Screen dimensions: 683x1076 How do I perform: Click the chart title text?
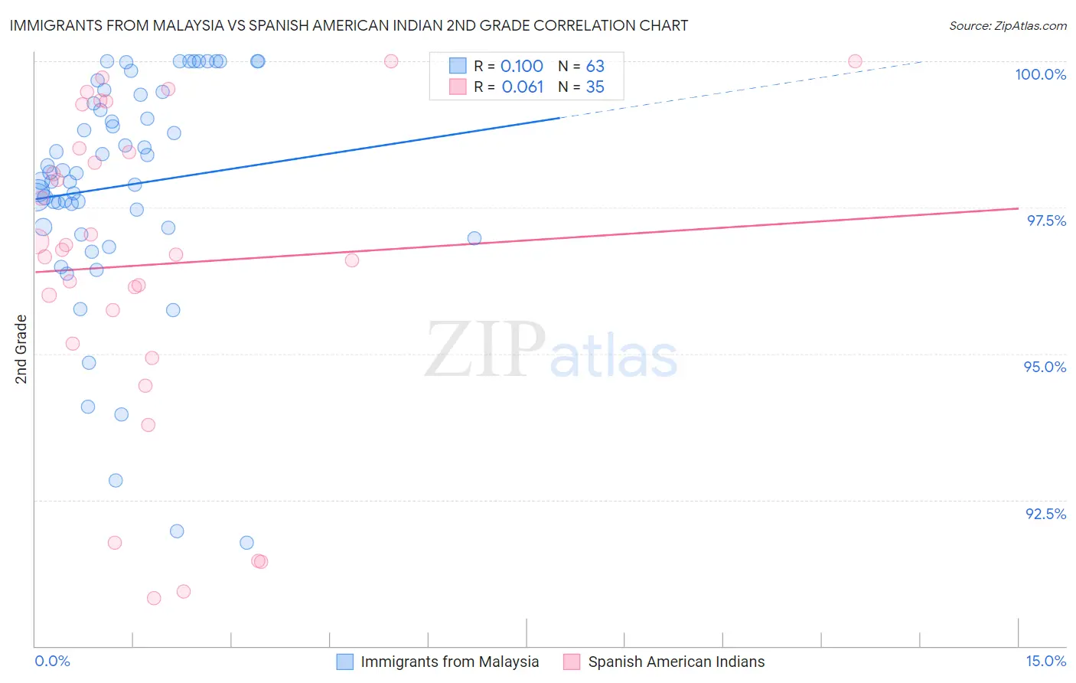tap(349, 25)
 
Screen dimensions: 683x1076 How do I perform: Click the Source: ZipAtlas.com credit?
tap(1007, 25)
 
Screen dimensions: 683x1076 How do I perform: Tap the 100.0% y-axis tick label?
tap(1040, 74)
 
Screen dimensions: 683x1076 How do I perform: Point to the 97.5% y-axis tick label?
tap(1045, 221)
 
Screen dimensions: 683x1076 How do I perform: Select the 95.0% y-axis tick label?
tap(1045, 367)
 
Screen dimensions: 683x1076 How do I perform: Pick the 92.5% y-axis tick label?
tap(1045, 514)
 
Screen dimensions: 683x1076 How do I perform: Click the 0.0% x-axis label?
tap(52, 661)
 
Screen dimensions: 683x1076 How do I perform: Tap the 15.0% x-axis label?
tap(1045, 661)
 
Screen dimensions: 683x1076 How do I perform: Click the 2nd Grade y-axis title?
tap(21, 349)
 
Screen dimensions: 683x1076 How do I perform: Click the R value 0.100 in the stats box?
tap(521, 67)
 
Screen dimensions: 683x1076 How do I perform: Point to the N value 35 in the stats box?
tap(595, 87)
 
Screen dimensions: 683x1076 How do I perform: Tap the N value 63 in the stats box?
tap(595, 67)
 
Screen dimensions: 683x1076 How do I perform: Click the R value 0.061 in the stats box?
tap(522, 87)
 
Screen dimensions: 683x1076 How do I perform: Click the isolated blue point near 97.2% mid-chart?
tap(474, 238)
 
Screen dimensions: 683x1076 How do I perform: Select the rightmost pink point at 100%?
tap(855, 61)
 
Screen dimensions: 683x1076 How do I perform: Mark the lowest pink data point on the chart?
tap(154, 598)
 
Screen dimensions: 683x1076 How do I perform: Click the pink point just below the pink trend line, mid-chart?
tap(352, 260)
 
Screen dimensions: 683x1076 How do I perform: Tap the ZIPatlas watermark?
tap(551, 351)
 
